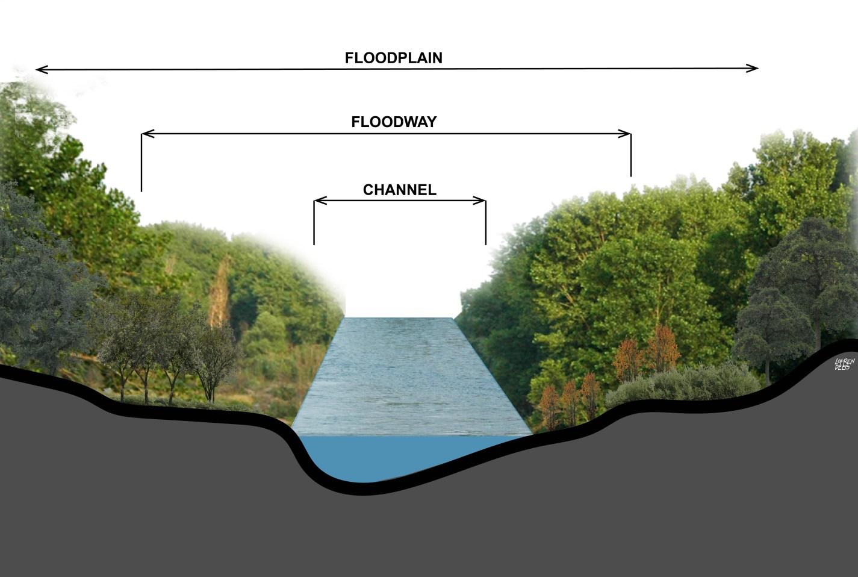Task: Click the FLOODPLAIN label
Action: click(393, 58)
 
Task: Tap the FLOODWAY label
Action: click(394, 122)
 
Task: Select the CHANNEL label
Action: click(399, 190)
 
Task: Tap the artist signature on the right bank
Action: click(844, 363)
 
